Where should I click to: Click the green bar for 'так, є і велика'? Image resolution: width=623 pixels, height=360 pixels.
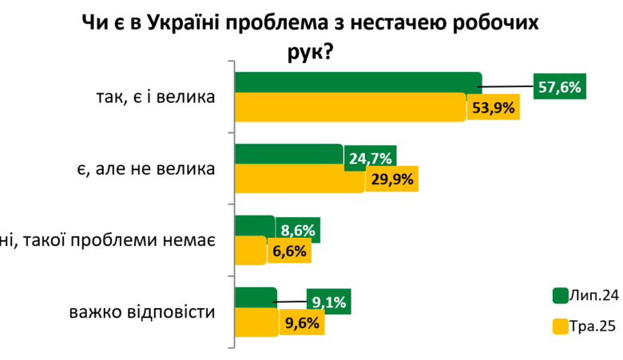tap(358, 81)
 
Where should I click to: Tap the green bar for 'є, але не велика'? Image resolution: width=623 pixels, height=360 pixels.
tap(289, 154)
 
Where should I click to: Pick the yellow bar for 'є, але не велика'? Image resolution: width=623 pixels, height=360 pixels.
tap(300, 179)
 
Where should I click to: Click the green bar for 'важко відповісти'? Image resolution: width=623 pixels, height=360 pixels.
tap(256, 296)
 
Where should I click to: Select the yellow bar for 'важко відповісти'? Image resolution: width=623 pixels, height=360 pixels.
tap(257, 322)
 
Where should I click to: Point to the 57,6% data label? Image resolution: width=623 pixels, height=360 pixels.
tap(559, 87)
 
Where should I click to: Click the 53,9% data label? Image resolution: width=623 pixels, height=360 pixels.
tap(493, 108)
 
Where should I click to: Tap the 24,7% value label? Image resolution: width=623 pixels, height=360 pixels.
tap(371, 159)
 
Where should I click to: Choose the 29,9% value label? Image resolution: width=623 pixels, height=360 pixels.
tap(391, 180)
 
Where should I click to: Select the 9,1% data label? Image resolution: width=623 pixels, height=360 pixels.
tap(329, 303)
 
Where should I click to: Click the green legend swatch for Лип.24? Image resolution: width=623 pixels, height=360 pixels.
tap(559, 295)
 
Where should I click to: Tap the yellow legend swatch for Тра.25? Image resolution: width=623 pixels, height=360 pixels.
tap(559, 326)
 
